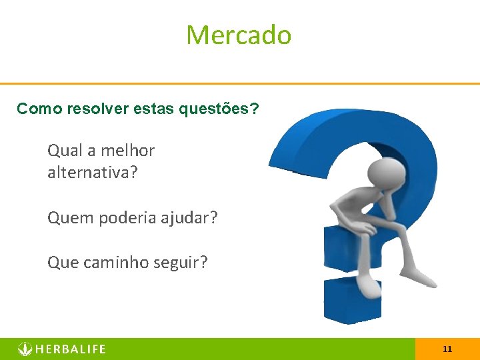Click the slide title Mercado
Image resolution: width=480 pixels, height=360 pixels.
coord(239,35)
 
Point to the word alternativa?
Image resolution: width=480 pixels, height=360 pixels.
coord(93,173)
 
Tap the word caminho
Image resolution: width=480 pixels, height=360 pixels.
coord(113,262)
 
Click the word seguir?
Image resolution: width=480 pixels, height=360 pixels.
coord(183,262)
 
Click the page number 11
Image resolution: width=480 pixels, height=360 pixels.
coord(447,349)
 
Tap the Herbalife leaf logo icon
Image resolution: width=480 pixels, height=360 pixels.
coord(25,349)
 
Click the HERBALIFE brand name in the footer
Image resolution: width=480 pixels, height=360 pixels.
coord(71,349)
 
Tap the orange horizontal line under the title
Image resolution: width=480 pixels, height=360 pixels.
coord(240,83)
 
